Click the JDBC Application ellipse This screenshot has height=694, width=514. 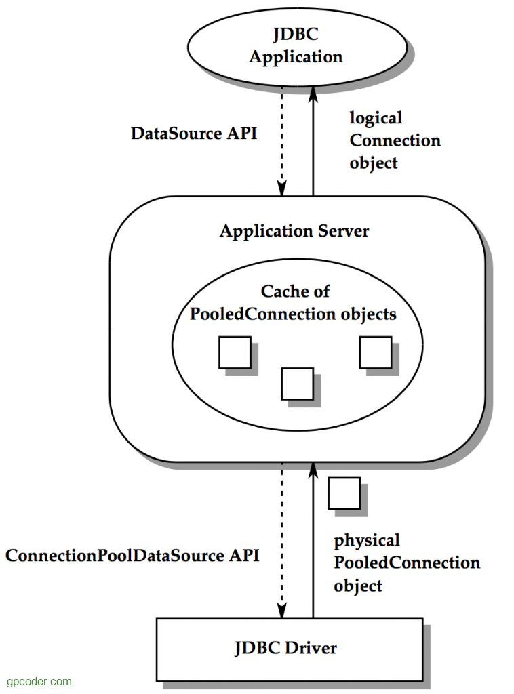296,46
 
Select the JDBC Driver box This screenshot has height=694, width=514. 285,648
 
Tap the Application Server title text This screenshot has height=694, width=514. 294,231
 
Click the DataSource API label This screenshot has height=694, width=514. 194,133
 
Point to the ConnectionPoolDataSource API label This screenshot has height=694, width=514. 132,556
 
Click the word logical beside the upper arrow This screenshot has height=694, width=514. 376,118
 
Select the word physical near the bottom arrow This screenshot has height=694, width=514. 367,540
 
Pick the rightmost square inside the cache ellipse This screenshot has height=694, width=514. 375,352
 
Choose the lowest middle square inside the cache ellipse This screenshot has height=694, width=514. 297,383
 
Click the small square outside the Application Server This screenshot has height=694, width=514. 344,493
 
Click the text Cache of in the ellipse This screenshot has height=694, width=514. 296,291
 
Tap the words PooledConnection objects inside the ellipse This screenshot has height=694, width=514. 294,314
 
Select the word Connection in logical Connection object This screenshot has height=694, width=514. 395,140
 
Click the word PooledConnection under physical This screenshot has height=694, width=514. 407,563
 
